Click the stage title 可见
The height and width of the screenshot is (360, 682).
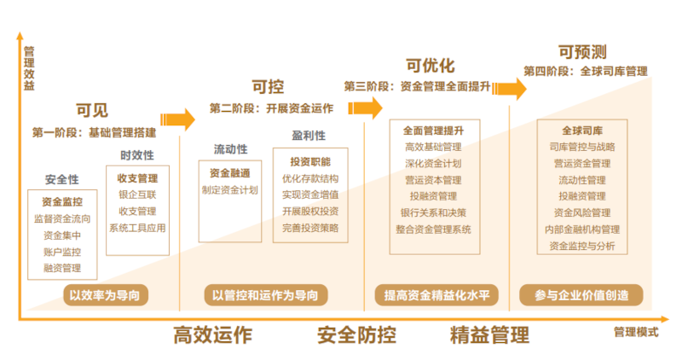(x=92, y=110)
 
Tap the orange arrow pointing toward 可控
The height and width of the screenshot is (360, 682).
(x=180, y=119)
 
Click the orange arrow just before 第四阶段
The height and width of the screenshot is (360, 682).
(x=510, y=88)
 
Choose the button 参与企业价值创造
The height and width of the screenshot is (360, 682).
(x=581, y=295)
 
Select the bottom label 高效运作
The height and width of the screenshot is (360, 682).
(x=212, y=334)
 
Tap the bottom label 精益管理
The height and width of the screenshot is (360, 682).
(x=489, y=334)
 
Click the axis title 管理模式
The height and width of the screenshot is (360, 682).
(x=636, y=332)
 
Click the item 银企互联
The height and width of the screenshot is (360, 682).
(x=137, y=195)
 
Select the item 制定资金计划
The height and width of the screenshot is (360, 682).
(x=229, y=190)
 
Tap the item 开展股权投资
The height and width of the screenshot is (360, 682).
(x=309, y=212)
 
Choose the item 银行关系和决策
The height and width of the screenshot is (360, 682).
(x=432, y=212)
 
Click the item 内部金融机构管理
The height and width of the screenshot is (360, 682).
(x=581, y=229)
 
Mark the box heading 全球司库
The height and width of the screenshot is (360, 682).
(x=581, y=131)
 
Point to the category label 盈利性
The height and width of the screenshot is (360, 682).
(x=309, y=136)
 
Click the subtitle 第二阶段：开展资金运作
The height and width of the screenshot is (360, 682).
(x=271, y=108)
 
